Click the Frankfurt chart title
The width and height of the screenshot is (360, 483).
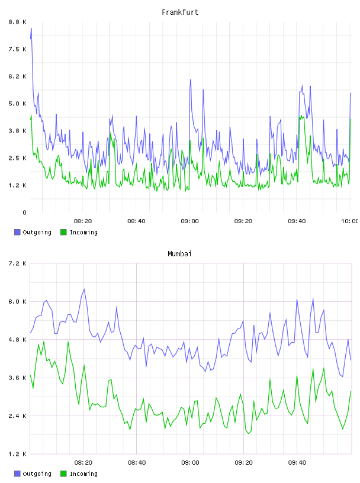point(180,12)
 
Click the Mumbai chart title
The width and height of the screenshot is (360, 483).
point(179,254)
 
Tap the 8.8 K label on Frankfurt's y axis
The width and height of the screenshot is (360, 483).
point(17,22)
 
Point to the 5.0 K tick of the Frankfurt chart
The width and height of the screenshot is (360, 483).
point(17,104)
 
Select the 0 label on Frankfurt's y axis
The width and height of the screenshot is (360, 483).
point(24,212)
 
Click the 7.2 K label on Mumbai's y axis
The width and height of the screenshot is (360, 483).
point(17,263)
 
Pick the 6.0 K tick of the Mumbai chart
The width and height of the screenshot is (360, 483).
point(17,301)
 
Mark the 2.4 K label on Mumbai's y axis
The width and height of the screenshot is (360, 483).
point(17,416)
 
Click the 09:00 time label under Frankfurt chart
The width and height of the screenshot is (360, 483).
point(190,221)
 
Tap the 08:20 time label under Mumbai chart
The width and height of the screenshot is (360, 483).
point(83,463)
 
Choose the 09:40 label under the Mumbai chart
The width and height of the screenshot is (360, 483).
point(297,463)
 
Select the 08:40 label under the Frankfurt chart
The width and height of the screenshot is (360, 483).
point(137,221)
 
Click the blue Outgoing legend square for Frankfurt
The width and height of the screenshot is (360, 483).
point(17,232)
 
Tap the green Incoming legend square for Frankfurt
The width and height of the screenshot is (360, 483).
point(63,232)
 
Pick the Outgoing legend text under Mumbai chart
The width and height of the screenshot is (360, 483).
point(37,474)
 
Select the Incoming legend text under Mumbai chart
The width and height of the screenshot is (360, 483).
point(83,474)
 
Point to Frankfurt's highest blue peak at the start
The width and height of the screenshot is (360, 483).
point(31,28)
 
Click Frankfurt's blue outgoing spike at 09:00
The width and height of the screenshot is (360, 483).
point(191,80)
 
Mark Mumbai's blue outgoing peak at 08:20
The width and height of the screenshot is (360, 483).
point(84,289)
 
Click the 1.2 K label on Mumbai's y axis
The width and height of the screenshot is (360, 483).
point(17,454)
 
